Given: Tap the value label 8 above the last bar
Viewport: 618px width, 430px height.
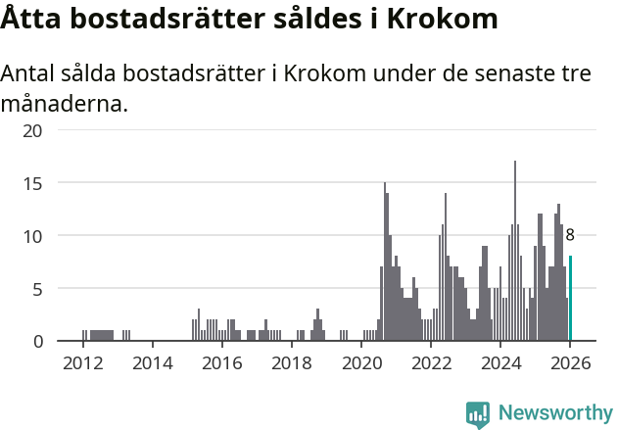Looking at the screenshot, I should click(x=570, y=235).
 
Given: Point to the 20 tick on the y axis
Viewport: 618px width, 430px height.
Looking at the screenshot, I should click(x=33, y=130).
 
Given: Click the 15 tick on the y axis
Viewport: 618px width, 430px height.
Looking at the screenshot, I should click(x=33, y=183).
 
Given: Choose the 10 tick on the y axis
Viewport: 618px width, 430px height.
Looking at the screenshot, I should click(x=33, y=236).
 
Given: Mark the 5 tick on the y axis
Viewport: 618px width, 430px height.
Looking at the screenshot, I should click(x=38, y=289).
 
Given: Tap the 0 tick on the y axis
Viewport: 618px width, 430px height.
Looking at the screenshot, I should click(x=38, y=342).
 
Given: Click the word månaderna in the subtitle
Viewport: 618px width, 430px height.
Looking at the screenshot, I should click(x=64, y=102).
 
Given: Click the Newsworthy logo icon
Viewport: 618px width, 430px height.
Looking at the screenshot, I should click(x=478, y=414).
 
